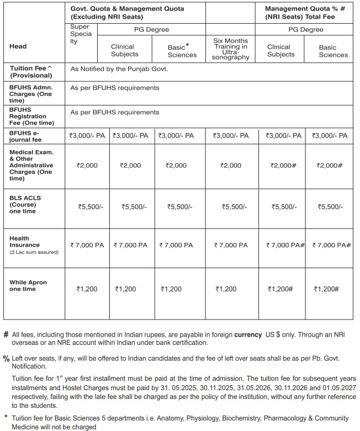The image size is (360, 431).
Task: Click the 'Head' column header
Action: coord(18,46)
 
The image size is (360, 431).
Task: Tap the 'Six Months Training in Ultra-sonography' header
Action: coord(230,49)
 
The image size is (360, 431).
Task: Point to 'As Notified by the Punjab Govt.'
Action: coord(118,69)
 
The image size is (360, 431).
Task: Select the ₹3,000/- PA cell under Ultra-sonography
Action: coord(230,136)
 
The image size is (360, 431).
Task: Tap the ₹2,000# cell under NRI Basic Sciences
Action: coord(330,166)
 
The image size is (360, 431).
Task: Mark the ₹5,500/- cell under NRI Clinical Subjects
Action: coord(284,207)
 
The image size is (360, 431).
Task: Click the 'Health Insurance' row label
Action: coord(25,242)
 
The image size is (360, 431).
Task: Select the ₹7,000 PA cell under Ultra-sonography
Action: coord(230,245)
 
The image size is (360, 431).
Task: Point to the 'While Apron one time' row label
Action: coord(28,286)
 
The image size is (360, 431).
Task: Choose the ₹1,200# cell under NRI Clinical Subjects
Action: coord(280,289)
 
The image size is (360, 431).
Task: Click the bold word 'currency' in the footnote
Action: coord(248,334)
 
